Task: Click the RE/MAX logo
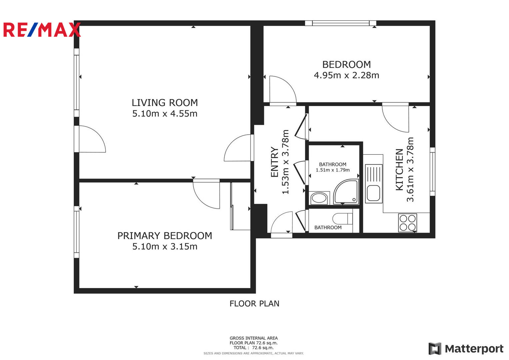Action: (42, 30)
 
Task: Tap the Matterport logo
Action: (466, 349)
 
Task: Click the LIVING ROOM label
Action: (165, 103)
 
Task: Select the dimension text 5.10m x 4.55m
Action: (165, 114)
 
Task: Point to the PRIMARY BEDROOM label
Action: (165, 236)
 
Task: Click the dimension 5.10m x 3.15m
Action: (165, 247)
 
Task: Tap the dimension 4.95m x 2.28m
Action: (347, 75)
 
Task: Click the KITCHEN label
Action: (399, 170)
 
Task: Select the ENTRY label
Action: (274, 162)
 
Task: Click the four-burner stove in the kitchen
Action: (408, 223)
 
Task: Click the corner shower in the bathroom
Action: (346, 192)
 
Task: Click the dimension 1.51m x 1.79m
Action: (333, 170)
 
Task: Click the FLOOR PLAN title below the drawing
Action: (254, 304)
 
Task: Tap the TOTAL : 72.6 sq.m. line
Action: (254, 347)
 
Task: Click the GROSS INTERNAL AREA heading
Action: (254, 338)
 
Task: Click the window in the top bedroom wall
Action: (341, 23)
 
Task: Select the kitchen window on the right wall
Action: (432, 172)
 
